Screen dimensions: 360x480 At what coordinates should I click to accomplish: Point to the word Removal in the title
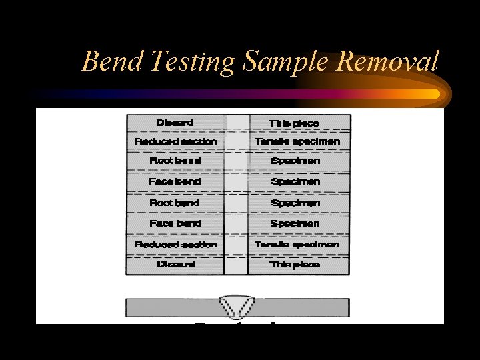click(x=388, y=62)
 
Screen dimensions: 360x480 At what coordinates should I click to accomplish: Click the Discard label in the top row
click(x=175, y=123)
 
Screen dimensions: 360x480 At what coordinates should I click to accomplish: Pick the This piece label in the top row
click(x=295, y=123)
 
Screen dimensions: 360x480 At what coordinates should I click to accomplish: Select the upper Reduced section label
click(x=175, y=142)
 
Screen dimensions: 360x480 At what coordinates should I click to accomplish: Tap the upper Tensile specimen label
click(x=297, y=142)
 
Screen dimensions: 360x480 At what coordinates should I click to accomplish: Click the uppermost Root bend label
click(x=175, y=161)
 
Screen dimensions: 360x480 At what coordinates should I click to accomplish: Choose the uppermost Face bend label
click(x=175, y=181)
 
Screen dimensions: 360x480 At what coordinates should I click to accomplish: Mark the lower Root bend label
click(x=175, y=203)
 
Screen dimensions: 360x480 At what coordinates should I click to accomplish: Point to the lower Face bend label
click(x=175, y=224)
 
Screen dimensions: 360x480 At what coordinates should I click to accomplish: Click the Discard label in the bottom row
click(x=175, y=265)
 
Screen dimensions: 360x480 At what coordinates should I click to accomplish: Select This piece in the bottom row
click(x=295, y=265)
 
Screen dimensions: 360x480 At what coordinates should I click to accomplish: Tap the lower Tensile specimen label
click(x=297, y=245)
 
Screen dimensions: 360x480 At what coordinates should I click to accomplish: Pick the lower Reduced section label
click(x=175, y=245)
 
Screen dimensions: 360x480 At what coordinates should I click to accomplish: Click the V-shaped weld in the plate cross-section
click(x=237, y=307)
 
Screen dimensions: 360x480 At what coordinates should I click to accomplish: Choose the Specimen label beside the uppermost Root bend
click(x=295, y=161)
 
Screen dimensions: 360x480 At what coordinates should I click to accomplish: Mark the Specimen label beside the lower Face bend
click(x=295, y=224)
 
